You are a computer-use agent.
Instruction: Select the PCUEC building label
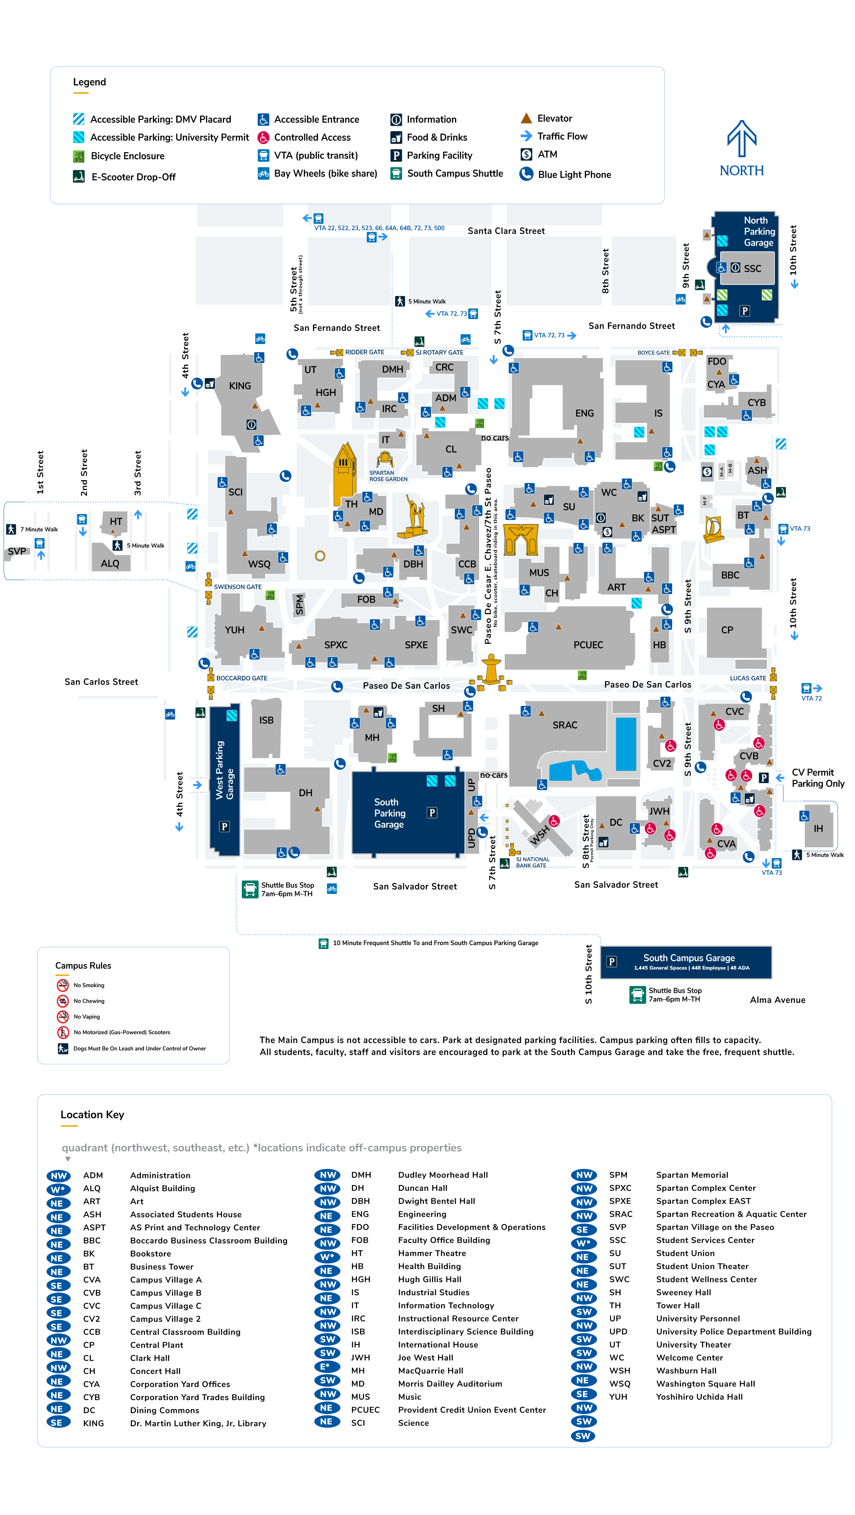[x=588, y=645]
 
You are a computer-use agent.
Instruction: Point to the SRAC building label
[x=564, y=725]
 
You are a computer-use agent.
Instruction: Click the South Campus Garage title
[x=689, y=958]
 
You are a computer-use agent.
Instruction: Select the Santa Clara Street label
[x=506, y=231]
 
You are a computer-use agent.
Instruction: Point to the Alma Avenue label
[x=777, y=1000]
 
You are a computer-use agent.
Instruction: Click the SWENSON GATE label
[x=237, y=587]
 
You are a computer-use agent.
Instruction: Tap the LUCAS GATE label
[x=747, y=678]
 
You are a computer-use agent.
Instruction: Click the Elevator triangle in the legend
[x=526, y=118]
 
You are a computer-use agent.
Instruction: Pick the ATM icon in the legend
[x=526, y=154]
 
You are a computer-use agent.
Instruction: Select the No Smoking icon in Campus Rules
[x=62, y=985]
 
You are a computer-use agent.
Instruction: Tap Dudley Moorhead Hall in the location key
[x=443, y=1175]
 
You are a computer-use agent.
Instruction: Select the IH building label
[x=818, y=829]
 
